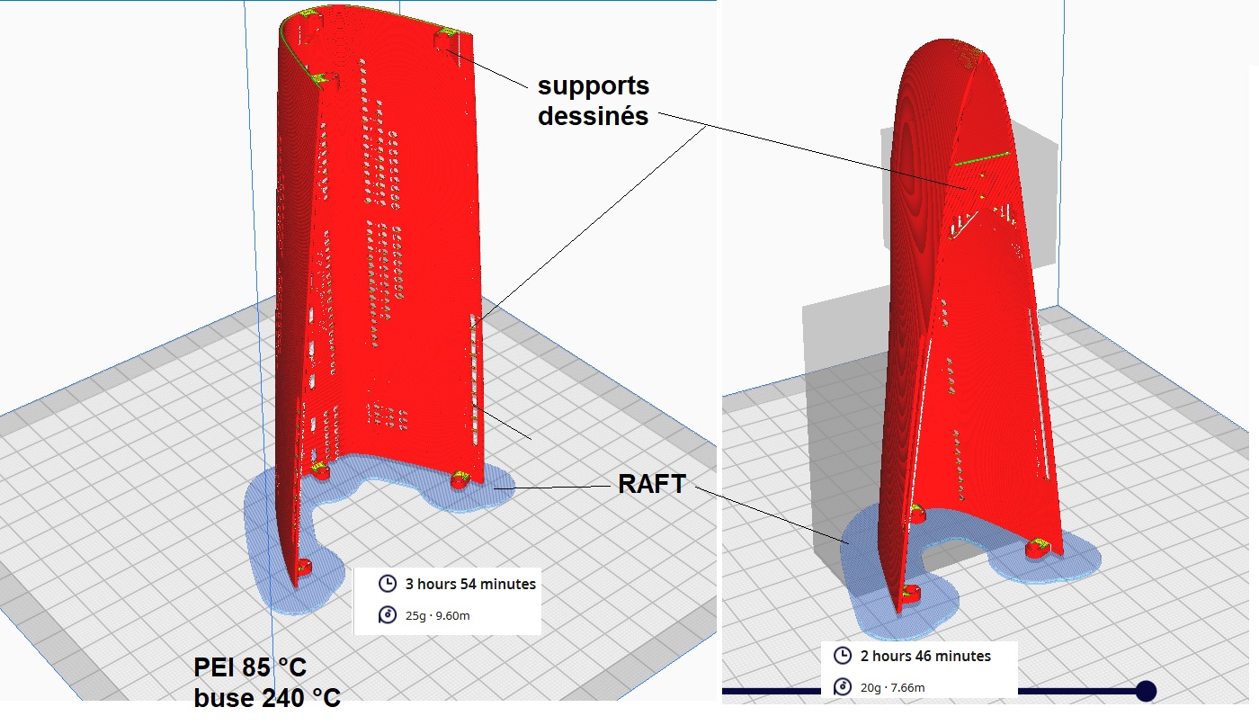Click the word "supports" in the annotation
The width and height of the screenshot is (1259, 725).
[x=593, y=87]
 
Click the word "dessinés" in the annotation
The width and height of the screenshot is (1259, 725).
[x=593, y=116]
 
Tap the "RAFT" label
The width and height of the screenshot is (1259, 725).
[x=651, y=485]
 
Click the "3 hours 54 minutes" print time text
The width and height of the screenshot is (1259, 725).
[x=470, y=585]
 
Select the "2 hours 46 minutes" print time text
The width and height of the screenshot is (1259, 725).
[x=925, y=657]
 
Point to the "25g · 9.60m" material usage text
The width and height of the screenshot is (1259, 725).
[x=439, y=615]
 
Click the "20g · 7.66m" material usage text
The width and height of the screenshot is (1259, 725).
[x=893, y=688]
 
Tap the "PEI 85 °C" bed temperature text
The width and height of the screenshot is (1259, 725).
[x=250, y=668]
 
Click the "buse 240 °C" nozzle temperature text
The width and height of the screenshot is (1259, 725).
[x=267, y=697]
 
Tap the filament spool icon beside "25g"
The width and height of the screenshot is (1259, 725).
[x=388, y=615]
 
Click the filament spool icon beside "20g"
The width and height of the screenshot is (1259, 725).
[x=843, y=688]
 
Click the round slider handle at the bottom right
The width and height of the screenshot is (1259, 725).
[x=1146, y=691]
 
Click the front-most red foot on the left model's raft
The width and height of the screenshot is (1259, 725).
[x=303, y=568]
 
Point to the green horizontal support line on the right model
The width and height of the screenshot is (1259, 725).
[x=982, y=159]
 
